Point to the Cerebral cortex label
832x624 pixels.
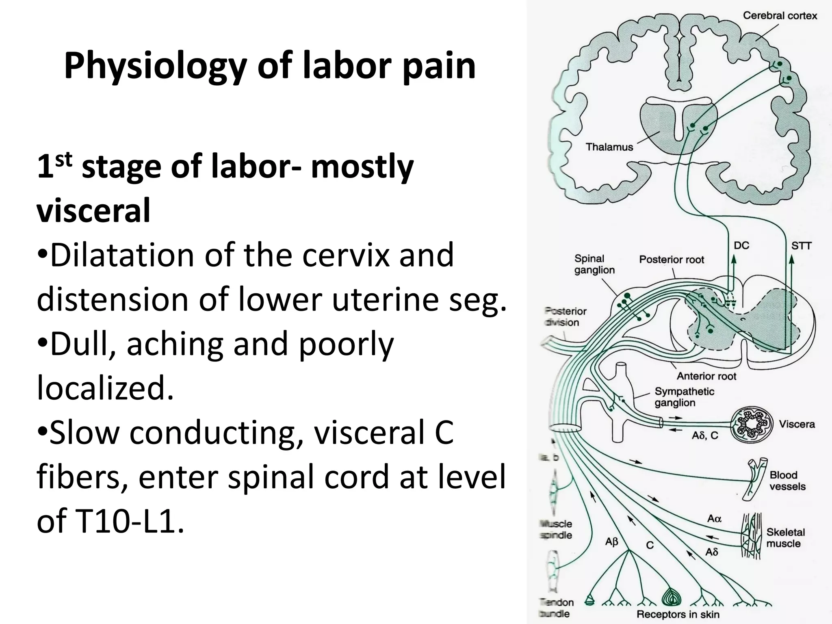pos(780,16)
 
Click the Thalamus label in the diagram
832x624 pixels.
pos(609,147)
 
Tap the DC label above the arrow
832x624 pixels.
pos(741,245)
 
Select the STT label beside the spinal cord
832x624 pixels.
pos(801,246)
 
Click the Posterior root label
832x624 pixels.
pos(672,260)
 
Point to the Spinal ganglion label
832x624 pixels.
pos(594,264)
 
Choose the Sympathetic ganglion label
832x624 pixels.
pos(684,397)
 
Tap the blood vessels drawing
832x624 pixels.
pos(755,479)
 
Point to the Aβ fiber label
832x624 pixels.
pos(611,542)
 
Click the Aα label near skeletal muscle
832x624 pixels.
pos(714,518)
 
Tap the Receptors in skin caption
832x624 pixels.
pos(678,614)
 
